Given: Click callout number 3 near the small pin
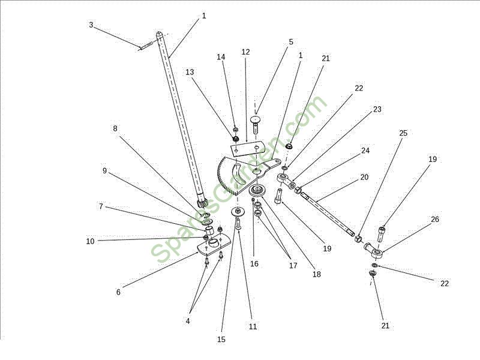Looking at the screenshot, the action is pos(91,25).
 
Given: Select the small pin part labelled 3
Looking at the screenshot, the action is pos(146,47).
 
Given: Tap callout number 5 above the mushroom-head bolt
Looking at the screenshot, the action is pos(291,42).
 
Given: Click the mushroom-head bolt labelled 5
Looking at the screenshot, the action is pos(256,124).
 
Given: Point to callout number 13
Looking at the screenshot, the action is pos(190,72).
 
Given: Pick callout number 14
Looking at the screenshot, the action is pos(221,57).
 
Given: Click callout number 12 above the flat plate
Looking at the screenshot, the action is pos(245,52).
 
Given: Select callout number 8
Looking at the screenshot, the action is pos(115,128).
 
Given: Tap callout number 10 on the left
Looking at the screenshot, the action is pos(90,242).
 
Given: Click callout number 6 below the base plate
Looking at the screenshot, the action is pos(118,292).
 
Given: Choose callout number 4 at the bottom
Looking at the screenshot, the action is pos(188,321).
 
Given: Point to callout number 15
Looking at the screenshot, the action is pos(221,340).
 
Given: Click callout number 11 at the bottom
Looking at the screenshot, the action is pos(253,327).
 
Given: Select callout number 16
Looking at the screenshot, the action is pos(254,264).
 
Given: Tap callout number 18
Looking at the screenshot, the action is pos(317,275).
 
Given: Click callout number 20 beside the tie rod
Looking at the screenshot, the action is pos(364,177).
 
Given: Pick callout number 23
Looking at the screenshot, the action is pos(377,109).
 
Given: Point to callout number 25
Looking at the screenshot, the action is pos(403,133).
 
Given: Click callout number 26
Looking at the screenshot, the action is pos(434,220).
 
